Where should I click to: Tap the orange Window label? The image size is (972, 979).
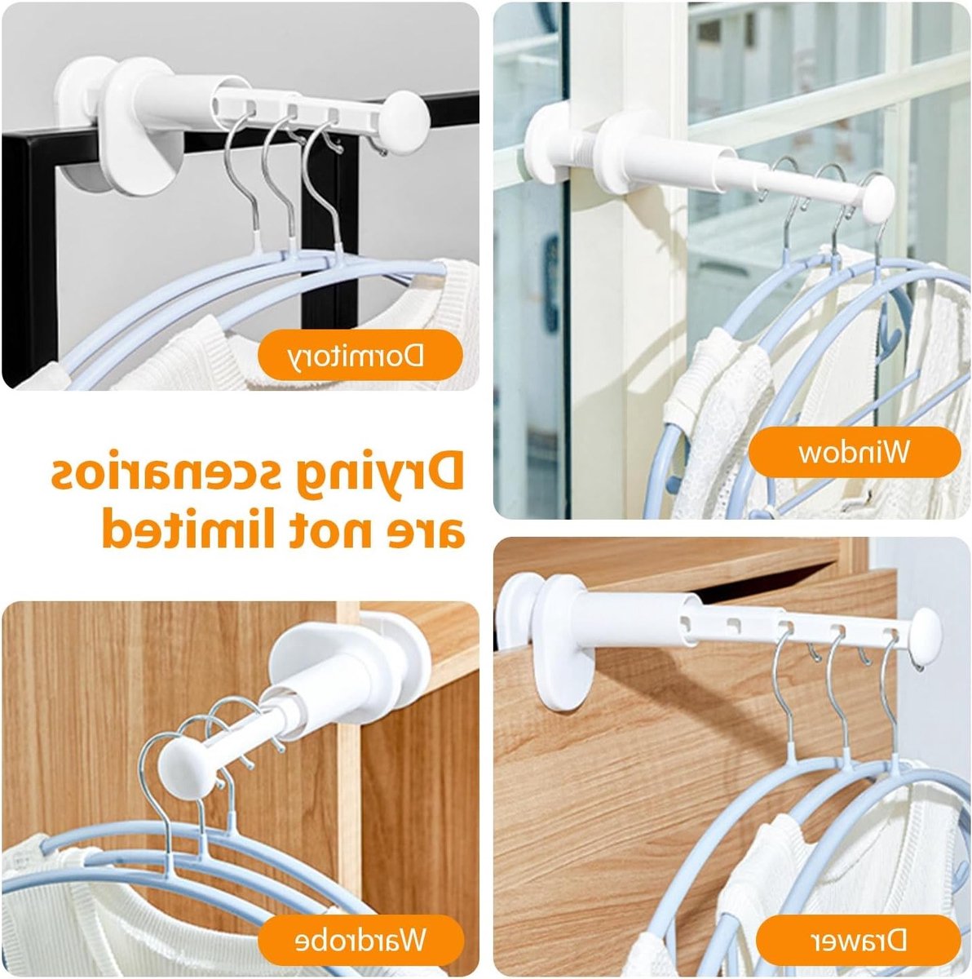tap(855, 452)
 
